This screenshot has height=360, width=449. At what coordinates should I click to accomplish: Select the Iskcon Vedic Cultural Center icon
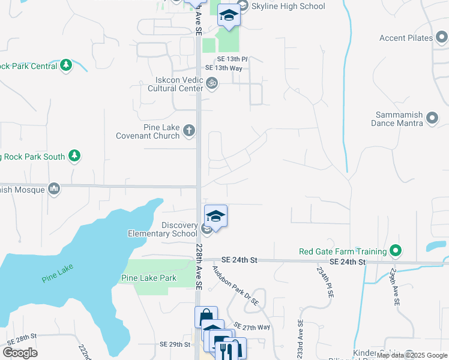pos(211,83)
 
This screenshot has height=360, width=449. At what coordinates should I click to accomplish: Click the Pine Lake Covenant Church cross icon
pos(189,130)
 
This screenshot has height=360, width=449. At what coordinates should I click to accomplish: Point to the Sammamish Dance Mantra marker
pos(432,122)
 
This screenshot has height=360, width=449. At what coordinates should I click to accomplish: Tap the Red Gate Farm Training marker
pos(395,250)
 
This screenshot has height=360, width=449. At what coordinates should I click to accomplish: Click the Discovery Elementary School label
pos(163,229)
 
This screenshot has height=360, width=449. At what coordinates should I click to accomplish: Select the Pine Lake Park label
pos(149,278)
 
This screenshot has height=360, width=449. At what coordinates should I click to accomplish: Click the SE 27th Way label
pos(253,326)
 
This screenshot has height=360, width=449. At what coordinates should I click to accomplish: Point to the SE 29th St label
pos(175,344)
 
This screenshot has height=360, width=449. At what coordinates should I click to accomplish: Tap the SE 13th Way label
pos(228,68)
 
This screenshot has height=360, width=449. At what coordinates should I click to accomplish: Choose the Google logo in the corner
pos(20,353)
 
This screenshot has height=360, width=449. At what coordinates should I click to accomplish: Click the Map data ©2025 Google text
pos(412,356)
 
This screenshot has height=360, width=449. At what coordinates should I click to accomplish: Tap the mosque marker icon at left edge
pos(54,189)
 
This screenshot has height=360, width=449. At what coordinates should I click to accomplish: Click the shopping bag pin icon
pos(206,316)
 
